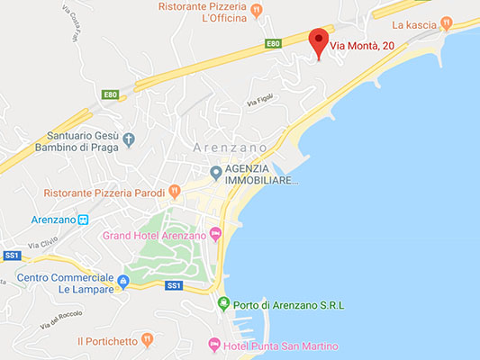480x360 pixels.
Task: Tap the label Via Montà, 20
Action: [x=364, y=45]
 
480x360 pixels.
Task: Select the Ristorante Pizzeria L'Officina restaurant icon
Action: [x=257, y=12]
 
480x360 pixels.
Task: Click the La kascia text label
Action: [x=413, y=24]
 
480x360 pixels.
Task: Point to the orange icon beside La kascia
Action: [x=446, y=24]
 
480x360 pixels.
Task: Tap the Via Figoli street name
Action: [x=260, y=104]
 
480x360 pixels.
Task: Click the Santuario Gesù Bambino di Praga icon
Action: [x=129, y=139]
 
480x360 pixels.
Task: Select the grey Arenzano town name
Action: [x=231, y=147]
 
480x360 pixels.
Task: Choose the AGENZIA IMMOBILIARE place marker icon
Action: [x=216, y=173]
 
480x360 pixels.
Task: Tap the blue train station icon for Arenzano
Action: [x=83, y=219]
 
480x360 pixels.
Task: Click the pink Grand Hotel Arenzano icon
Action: [x=215, y=236]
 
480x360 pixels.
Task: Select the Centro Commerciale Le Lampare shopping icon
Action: [x=124, y=283]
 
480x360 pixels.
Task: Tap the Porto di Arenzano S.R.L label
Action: [x=289, y=305]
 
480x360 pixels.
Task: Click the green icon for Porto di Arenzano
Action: [x=223, y=304]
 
